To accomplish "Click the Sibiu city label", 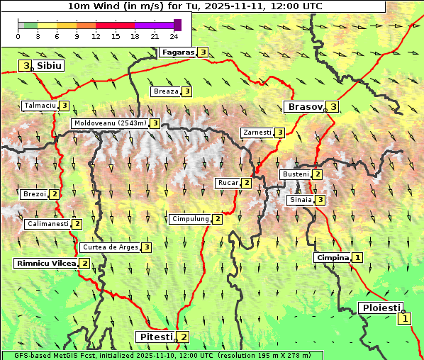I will (x=49, y=65).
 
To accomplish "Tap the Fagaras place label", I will (x=178, y=52).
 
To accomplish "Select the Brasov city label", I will (x=304, y=107).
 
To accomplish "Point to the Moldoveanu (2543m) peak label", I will (x=110, y=123).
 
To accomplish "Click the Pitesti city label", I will (x=156, y=337).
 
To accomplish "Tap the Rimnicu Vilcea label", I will (x=45, y=264).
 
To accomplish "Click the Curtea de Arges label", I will (x=110, y=247).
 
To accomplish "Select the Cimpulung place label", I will (x=190, y=219).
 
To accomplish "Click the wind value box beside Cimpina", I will (x=358, y=258).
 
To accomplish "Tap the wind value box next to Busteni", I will (x=318, y=174).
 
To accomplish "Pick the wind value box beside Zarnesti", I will (x=280, y=133).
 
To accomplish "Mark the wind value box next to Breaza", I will (x=186, y=91).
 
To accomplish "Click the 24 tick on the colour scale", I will (x=174, y=36).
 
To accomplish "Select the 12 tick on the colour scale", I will (x=96, y=36).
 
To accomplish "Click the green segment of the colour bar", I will (x=30, y=25).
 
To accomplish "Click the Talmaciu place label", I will (x=40, y=106).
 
